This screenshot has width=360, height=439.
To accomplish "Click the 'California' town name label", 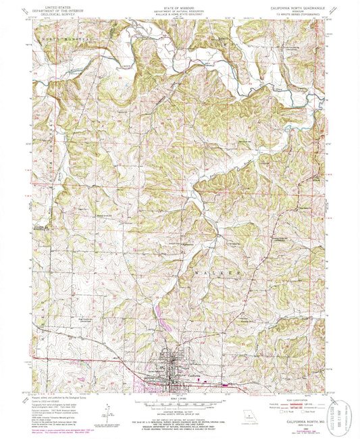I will coord(193,376).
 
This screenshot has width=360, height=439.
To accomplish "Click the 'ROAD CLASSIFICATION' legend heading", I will coord(298,400).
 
